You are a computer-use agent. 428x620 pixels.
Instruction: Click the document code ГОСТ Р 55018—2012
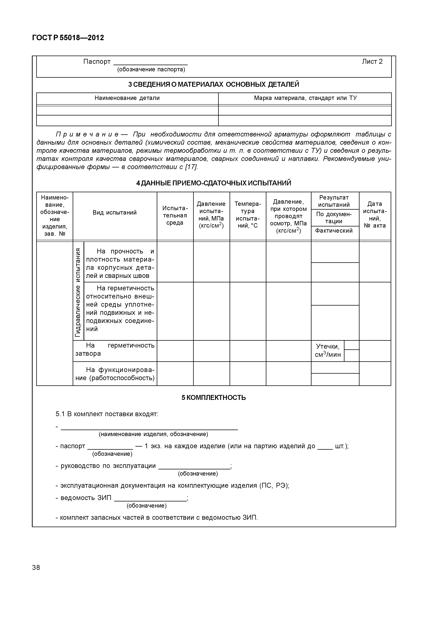(x=68, y=38)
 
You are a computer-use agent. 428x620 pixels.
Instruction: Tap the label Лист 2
(x=372, y=62)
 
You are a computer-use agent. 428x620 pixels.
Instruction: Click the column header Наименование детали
(x=127, y=98)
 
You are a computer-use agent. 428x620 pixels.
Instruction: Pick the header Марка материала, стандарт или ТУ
(x=305, y=98)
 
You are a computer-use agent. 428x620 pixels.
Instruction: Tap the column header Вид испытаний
(x=115, y=213)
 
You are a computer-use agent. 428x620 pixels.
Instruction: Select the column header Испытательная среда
(x=175, y=215)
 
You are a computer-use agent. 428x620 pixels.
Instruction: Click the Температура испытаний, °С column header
(x=248, y=215)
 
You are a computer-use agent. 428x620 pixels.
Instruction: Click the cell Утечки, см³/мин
(x=327, y=350)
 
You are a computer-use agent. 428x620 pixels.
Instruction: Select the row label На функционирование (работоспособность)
(x=115, y=374)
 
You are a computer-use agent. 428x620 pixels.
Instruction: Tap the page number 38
(x=36, y=568)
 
